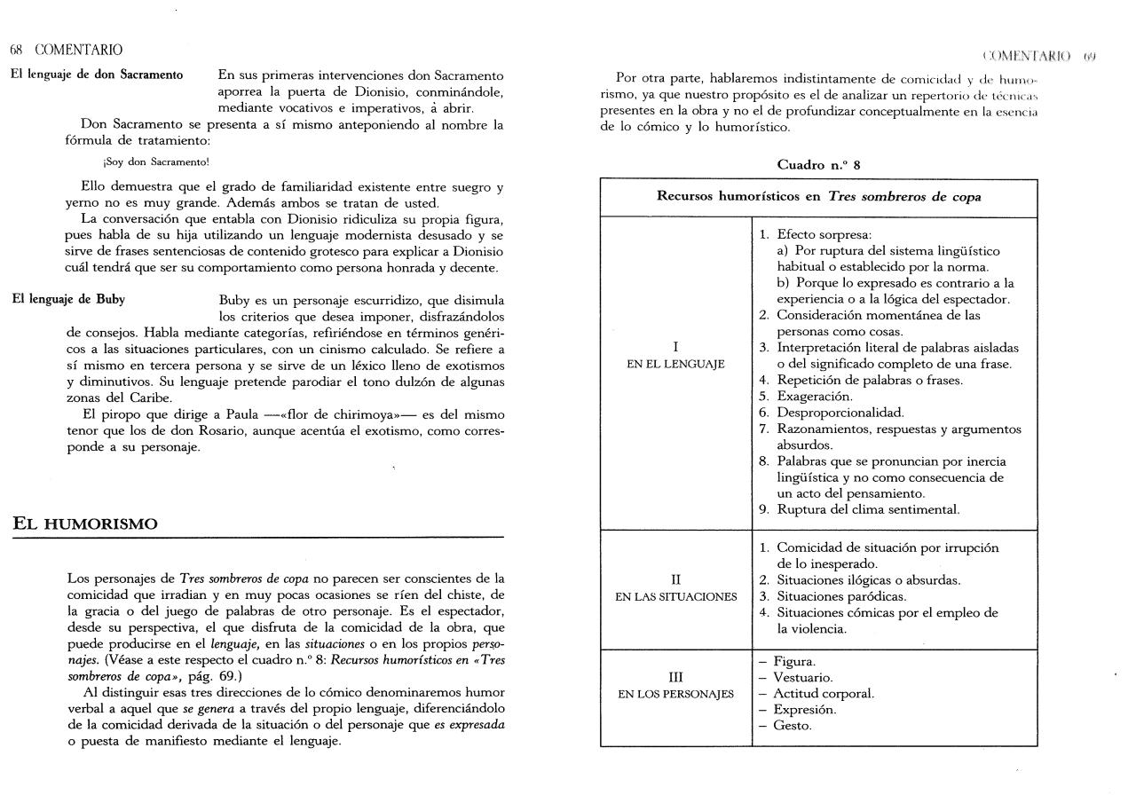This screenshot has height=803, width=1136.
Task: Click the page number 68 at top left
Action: (x=16, y=50)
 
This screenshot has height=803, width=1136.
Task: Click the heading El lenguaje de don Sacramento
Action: (x=97, y=75)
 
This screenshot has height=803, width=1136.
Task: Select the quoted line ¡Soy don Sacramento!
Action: (x=156, y=161)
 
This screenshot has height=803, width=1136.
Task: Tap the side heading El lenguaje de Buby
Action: (x=68, y=299)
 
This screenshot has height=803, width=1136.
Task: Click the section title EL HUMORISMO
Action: (x=85, y=524)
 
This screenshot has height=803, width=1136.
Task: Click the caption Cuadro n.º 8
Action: (x=818, y=165)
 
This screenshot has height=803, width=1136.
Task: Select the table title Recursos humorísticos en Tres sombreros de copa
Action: (x=818, y=197)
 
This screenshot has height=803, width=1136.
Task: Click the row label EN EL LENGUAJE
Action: (x=675, y=364)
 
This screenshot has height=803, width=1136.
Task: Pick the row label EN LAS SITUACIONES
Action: (x=675, y=597)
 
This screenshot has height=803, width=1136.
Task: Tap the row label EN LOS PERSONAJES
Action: (x=675, y=694)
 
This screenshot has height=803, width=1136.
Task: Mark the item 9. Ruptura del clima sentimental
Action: (x=859, y=509)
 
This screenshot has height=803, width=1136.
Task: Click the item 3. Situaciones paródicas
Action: (x=832, y=597)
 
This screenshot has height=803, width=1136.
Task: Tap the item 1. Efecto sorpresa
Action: (x=815, y=235)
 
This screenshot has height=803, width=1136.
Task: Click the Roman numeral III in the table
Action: (x=675, y=678)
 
